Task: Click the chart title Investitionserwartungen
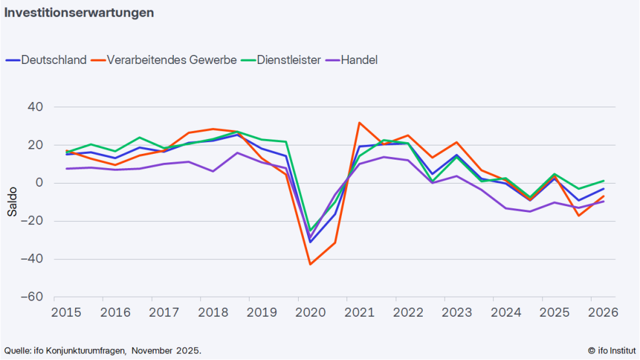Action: point(79,13)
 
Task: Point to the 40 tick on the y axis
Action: point(35,107)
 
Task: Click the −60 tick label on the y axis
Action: point(30,297)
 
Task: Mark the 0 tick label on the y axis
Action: point(39,183)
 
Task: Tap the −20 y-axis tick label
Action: point(30,221)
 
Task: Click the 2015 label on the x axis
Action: point(67,313)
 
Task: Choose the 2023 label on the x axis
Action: point(457,313)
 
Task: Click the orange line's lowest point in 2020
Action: point(310,264)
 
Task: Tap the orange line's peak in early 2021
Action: point(359,123)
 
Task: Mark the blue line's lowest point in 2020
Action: point(310,242)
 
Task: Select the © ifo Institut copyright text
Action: point(611,350)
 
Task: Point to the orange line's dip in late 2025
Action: point(579,215)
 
